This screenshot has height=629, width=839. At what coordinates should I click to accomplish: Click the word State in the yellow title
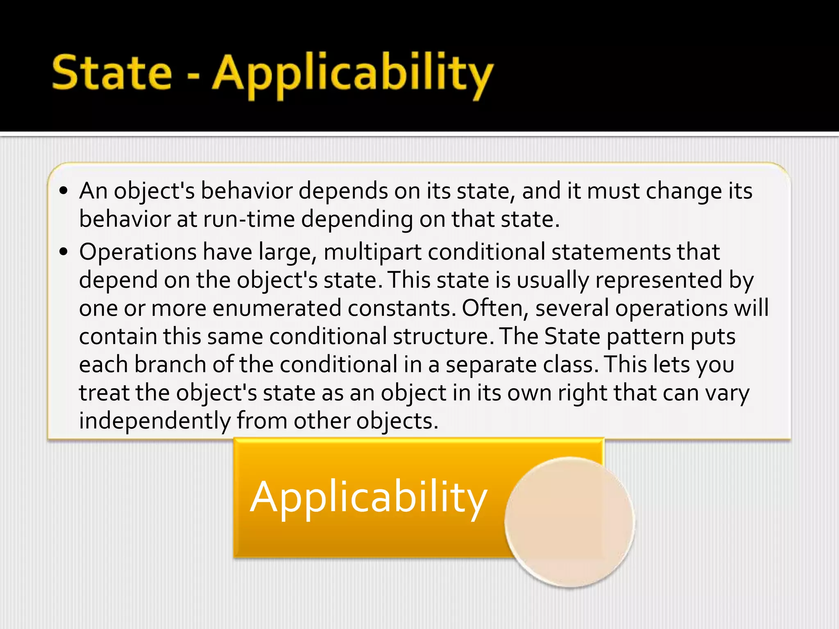[111, 73]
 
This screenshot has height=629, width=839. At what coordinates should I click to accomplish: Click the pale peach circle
[569, 522]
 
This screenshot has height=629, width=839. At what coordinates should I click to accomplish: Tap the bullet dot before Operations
[63, 251]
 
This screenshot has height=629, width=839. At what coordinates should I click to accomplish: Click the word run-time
[249, 219]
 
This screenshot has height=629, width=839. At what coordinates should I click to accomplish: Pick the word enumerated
[277, 308]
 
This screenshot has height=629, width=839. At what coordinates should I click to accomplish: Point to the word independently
[155, 421]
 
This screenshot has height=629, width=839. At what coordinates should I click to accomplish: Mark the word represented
[658, 281]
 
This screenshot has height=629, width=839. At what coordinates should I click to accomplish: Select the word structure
[441, 337]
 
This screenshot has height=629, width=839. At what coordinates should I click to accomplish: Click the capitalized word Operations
[138, 252]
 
